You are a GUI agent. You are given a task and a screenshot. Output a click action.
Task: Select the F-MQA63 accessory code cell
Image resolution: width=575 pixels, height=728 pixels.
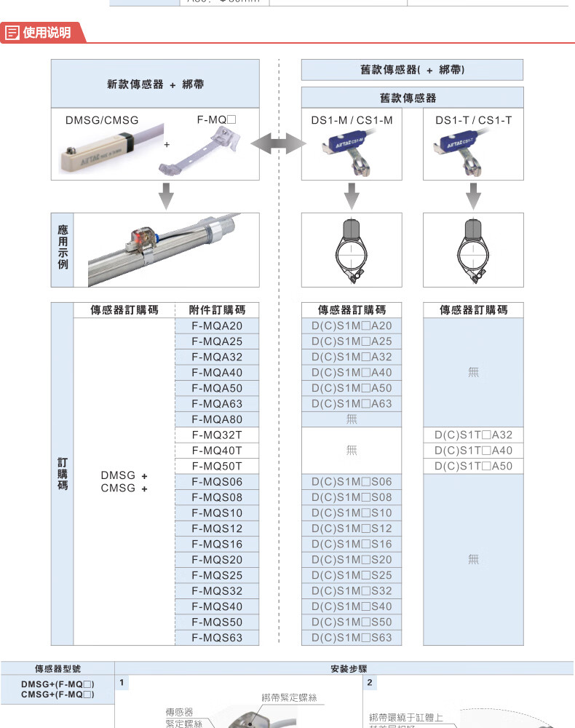(x=217, y=404)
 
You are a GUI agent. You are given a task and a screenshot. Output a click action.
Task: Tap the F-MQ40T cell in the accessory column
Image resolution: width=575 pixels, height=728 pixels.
(x=217, y=451)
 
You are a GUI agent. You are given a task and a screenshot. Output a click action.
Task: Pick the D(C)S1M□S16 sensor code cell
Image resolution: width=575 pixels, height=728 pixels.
(x=352, y=545)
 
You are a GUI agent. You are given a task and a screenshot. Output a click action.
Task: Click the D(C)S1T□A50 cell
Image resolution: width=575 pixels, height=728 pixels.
(x=473, y=467)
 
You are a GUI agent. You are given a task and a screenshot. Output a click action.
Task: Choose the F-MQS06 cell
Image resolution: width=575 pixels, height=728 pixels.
(x=217, y=482)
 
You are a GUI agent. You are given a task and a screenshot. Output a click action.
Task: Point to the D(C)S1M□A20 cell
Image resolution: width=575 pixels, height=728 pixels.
(x=352, y=326)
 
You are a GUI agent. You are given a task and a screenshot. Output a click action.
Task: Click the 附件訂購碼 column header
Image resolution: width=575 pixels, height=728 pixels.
(x=217, y=310)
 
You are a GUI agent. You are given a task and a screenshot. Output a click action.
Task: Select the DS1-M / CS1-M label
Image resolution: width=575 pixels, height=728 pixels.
(x=352, y=120)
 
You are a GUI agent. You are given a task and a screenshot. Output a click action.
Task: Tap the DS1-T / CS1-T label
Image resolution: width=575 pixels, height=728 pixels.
(x=473, y=120)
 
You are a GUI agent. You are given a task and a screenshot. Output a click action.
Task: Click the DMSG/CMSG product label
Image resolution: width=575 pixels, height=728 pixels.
(x=102, y=120)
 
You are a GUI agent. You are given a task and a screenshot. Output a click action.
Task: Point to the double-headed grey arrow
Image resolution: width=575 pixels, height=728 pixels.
(x=279, y=144)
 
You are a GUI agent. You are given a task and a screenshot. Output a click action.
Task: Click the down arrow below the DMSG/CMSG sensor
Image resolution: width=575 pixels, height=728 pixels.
(x=167, y=195)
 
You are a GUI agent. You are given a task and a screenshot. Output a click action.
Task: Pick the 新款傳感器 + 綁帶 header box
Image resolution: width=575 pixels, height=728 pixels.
(x=155, y=84)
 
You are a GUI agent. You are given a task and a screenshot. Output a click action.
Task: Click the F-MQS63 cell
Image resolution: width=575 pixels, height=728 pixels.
(x=217, y=638)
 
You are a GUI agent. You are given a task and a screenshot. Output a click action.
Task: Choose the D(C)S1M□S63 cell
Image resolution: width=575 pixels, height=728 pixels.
(x=352, y=638)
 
